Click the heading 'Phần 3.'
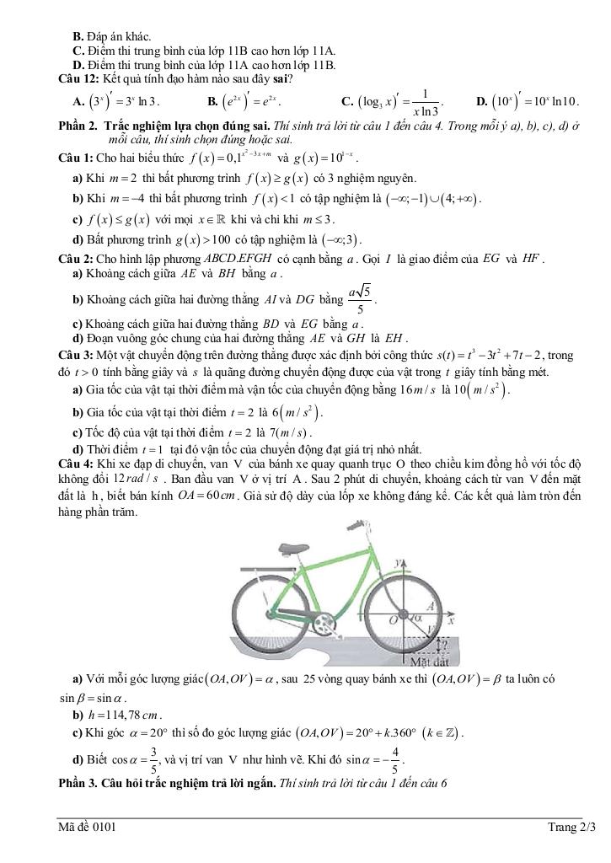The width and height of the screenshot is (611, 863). pos(78,783)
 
